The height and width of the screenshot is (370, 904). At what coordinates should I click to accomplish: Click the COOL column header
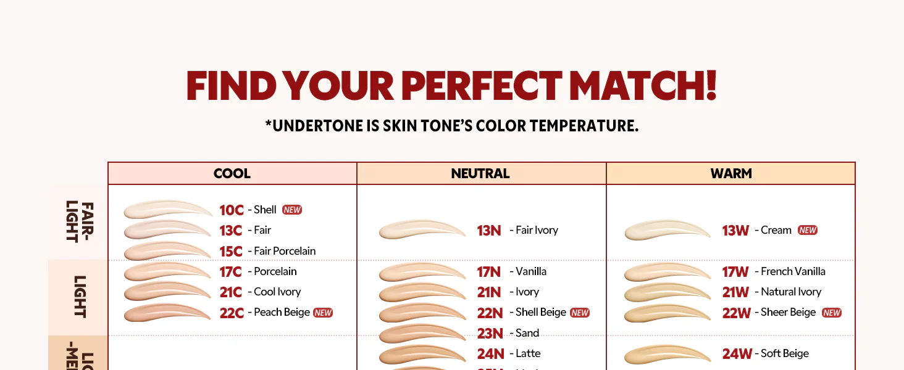232,174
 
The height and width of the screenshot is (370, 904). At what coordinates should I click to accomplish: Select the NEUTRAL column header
480,174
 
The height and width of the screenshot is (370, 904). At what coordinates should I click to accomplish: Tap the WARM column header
731,174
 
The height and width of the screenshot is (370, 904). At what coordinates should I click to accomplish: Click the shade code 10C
232,210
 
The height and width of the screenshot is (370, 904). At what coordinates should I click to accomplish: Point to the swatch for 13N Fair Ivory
422,230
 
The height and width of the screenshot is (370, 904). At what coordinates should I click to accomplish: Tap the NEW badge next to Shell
292,210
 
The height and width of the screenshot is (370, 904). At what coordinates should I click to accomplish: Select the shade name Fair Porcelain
285,251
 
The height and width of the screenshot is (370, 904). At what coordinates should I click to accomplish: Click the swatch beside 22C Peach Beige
167,313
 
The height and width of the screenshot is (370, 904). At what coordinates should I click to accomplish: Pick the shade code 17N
488,272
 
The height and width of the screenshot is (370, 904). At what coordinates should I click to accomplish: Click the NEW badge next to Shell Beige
580,313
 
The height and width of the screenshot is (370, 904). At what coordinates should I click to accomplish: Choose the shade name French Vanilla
793,271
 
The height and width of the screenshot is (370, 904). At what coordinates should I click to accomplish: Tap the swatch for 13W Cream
668,231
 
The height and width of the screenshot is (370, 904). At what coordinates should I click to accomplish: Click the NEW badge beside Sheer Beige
832,313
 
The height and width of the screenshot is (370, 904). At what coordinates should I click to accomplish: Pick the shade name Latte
528,353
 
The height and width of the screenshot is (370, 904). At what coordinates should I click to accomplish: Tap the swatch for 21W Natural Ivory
668,292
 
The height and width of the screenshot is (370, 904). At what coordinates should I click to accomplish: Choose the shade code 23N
490,334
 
